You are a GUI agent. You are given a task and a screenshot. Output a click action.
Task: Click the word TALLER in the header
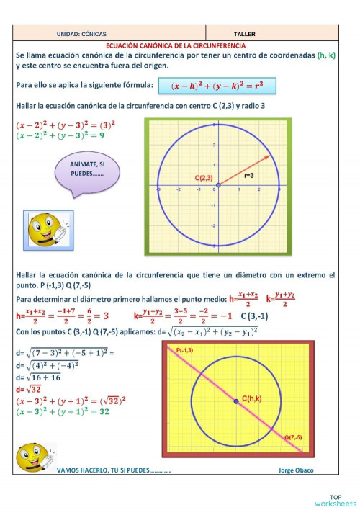(245, 34)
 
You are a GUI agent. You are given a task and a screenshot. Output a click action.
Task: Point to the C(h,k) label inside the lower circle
(253, 398)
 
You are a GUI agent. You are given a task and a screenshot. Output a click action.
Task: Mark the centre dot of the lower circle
(236, 401)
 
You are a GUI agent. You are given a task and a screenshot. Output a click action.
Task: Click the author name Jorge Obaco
(296, 470)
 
